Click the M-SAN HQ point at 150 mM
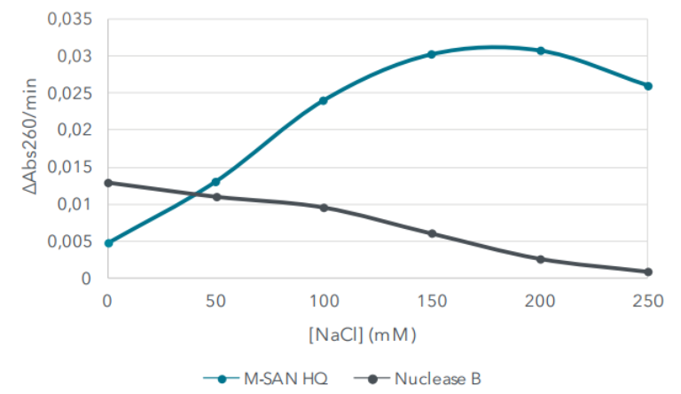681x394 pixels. pyautogui.click(x=432, y=54)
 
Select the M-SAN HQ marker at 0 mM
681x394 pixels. pyautogui.click(x=108, y=242)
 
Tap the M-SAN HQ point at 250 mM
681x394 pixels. pyautogui.click(x=648, y=86)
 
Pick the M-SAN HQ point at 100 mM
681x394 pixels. pyautogui.click(x=324, y=100)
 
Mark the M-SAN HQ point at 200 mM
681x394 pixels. pyautogui.click(x=540, y=51)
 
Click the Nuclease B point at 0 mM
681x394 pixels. pyautogui.click(x=108, y=183)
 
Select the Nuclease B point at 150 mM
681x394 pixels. pyautogui.click(x=432, y=233)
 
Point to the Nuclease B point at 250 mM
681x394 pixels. pyautogui.click(x=648, y=272)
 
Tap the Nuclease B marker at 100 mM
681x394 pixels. pyautogui.click(x=324, y=208)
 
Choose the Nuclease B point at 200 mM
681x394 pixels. pyautogui.click(x=540, y=259)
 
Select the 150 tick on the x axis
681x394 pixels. pyautogui.click(x=432, y=303)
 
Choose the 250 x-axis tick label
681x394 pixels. pyautogui.click(x=648, y=303)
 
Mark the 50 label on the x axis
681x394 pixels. pyautogui.click(x=215, y=303)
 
